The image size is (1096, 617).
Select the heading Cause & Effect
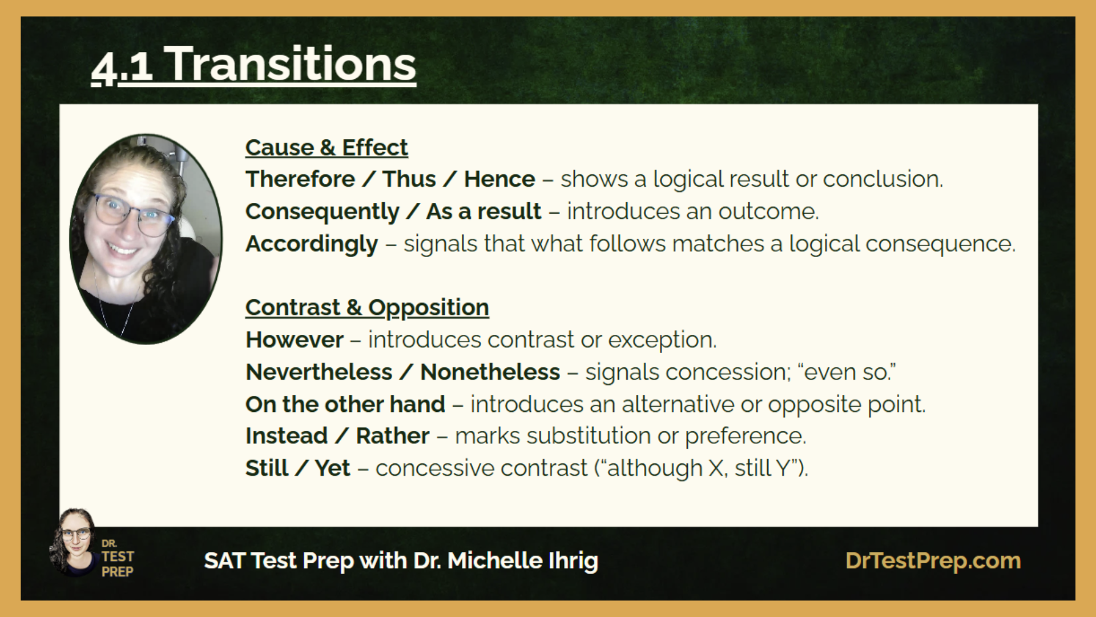point(327,147)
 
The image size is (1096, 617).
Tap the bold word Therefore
point(300,179)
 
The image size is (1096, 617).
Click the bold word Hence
point(499,179)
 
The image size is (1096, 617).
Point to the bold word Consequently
point(323,212)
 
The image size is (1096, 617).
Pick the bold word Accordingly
point(312,245)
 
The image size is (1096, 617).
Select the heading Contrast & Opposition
point(367,308)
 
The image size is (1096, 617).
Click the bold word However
point(295,340)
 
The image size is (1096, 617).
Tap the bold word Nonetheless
point(490,372)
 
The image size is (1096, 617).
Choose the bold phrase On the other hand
point(345,404)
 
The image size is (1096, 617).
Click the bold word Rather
point(393,436)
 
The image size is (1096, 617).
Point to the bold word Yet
point(333,468)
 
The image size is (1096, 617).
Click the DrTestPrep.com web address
point(933,561)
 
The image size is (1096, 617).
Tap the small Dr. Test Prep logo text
point(118,558)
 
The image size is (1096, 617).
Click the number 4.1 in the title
point(122,67)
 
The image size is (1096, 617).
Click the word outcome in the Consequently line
point(768,212)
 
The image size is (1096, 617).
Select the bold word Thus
point(409,179)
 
